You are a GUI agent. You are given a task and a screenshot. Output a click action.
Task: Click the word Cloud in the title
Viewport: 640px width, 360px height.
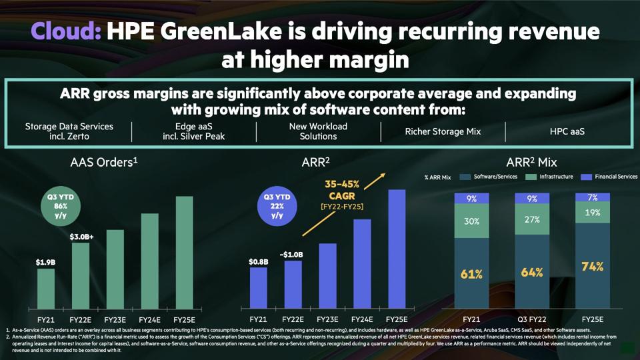point(66,31)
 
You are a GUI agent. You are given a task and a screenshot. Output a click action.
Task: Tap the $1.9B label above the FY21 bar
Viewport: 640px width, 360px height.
point(46,262)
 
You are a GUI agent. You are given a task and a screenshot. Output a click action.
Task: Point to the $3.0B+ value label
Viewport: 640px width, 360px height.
point(81,236)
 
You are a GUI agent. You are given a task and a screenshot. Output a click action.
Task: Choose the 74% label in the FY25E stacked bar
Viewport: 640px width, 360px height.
point(591,267)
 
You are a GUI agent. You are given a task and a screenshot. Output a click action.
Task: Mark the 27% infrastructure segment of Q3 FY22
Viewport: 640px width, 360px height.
point(532,219)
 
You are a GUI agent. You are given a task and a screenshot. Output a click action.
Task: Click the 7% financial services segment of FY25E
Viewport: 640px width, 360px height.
point(591,198)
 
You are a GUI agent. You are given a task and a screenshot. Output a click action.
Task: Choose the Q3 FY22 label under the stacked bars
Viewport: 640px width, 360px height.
point(532,319)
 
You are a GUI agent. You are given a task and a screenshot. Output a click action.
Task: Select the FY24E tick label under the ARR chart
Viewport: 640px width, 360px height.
point(362,319)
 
